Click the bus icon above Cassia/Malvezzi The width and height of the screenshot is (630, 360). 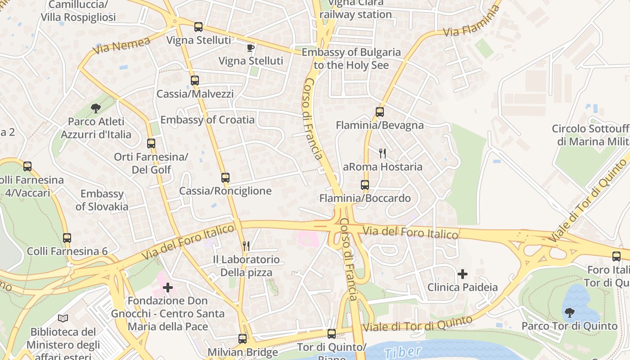point(194,81)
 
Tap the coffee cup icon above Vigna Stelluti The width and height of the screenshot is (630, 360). point(251,48)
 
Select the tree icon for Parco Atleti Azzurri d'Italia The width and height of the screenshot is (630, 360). point(95,108)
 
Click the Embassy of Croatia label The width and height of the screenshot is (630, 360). point(207,120)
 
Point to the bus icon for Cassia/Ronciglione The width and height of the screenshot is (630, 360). point(225,178)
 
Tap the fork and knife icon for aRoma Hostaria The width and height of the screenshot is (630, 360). point(382,153)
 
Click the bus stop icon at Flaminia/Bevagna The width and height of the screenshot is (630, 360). point(380,112)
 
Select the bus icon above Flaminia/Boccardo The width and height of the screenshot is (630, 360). point(365,185)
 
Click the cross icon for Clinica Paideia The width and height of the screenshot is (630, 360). point(463,274)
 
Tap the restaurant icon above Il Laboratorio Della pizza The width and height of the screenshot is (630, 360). point(246,246)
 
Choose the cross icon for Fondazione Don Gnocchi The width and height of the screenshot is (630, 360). point(168,287)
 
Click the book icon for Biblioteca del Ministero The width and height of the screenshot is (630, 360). point(63,319)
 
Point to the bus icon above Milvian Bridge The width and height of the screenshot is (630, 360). point(243,339)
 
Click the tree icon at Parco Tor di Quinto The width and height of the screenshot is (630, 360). point(569,312)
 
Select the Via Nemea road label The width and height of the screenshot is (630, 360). point(122,45)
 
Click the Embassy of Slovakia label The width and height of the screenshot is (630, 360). point(102,200)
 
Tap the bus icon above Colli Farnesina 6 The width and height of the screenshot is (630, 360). point(67,238)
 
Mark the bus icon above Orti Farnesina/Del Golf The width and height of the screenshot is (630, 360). point(151,144)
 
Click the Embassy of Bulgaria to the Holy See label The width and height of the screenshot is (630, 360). point(351,58)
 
